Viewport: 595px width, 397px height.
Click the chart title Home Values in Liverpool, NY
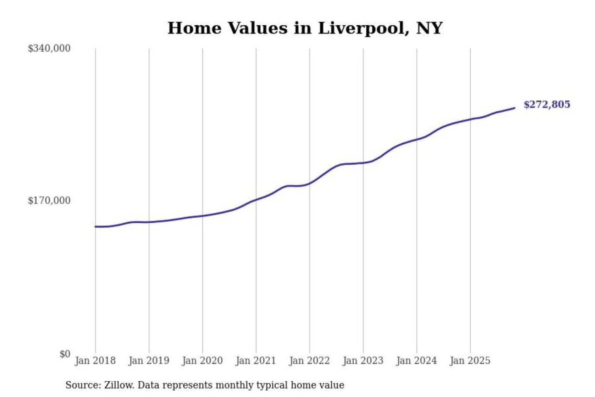pyautogui.click(x=305, y=28)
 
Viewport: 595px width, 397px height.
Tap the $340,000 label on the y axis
pyautogui.click(x=49, y=48)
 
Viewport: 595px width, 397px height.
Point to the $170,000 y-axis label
pyautogui.click(x=49, y=201)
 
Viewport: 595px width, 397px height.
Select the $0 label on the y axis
pyautogui.click(x=65, y=354)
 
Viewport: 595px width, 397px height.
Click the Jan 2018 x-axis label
pyautogui.click(x=95, y=361)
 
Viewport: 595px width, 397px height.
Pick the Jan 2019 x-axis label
pyautogui.click(x=149, y=361)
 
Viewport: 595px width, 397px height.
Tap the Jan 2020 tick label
pyautogui.click(x=202, y=361)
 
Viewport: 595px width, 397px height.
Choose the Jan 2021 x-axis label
pyautogui.click(x=256, y=361)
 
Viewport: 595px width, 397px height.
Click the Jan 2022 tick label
pyautogui.click(x=309, y=361)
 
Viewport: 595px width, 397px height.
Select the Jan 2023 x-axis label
pyautogui.click(x=363, y=361)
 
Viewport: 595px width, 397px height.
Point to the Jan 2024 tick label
pyautogui.click(x=416, y=361)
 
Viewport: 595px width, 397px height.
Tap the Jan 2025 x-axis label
pyautogui.click(x=470, y=361)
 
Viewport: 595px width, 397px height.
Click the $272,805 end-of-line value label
pyautogui.click(x=547, y=105)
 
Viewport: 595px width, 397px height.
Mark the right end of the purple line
pyautogui.click(x=514, y=108)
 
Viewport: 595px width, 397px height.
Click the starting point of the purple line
pyautogui.click(x=95, y=227)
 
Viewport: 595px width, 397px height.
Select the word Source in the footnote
pyautogui.click(x=82, y=385)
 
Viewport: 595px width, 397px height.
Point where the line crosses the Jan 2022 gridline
pyautogui.click(x=309, y=183)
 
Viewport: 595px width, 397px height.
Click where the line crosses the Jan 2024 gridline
pyautogui.click(x=416, y=139)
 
